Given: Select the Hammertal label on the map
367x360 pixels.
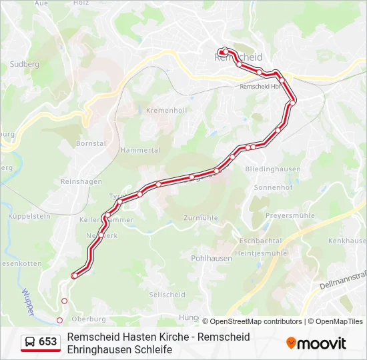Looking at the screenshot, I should (x=139, y=151).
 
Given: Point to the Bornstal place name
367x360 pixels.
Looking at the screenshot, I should (x=91, y=143).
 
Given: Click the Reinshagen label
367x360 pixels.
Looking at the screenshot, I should (x=81, y=181).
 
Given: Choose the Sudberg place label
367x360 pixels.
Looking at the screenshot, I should (x=25, y=64).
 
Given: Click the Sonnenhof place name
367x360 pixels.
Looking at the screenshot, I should (x=274, y=188).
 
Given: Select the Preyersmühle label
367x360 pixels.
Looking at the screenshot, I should (x=290, y=216).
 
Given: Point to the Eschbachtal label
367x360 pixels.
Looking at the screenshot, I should (x=260, y=240).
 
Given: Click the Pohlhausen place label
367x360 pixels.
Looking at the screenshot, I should (x=211, y=258).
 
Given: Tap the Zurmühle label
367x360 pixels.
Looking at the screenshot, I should (x=201, y=218).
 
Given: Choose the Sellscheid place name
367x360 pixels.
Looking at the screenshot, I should (x=167, y=294).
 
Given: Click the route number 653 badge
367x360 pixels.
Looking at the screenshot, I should (x=48, y=342).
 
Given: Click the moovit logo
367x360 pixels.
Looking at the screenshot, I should (x=316, y=343).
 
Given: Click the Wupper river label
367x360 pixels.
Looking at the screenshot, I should (x=27, y=297).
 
